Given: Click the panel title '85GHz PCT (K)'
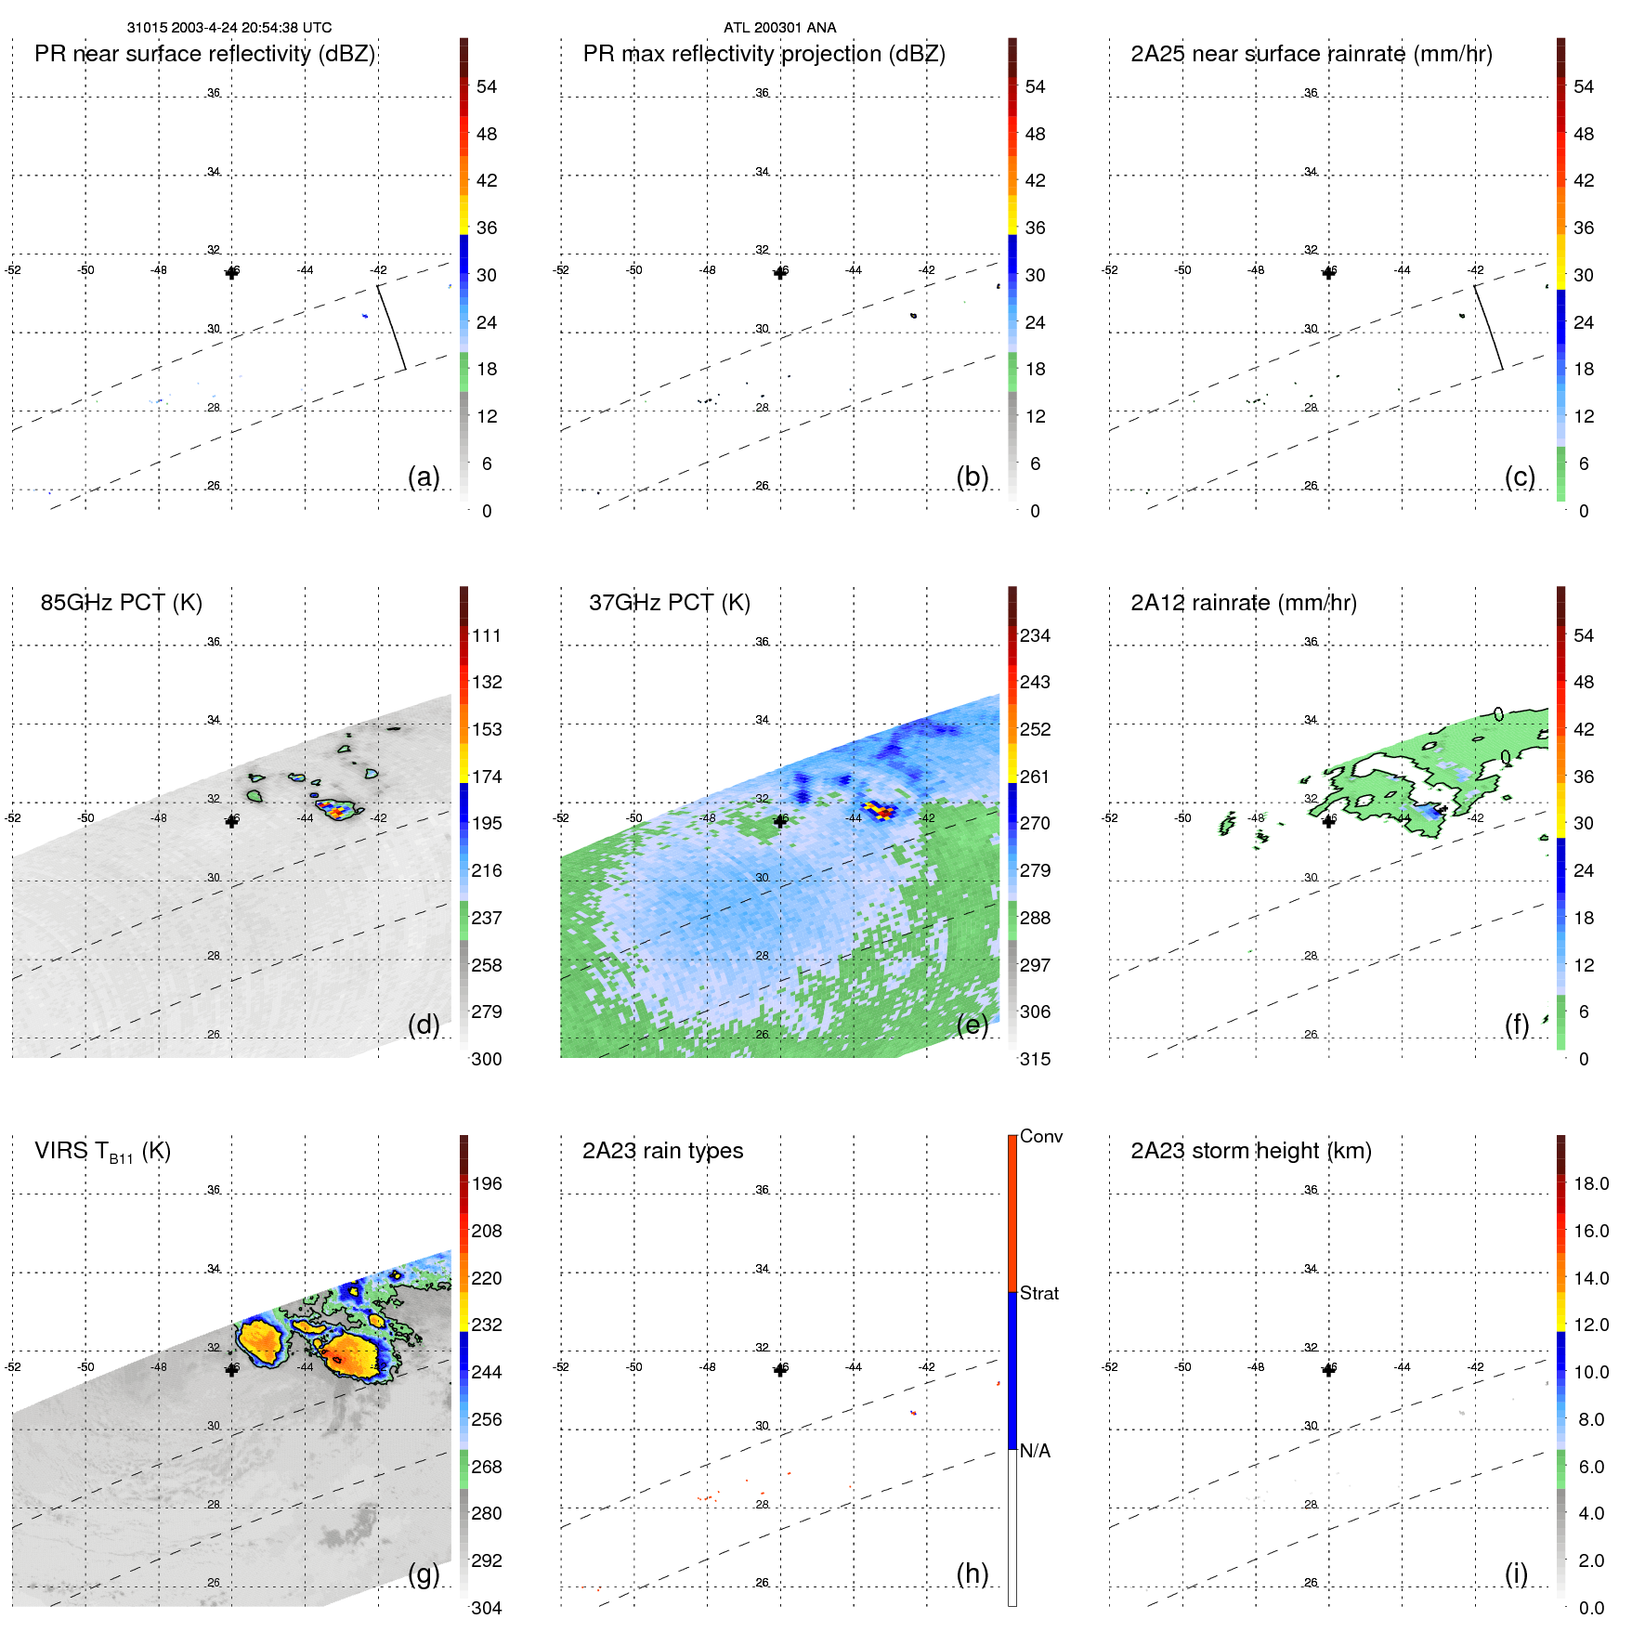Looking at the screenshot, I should click(x=121, y=603).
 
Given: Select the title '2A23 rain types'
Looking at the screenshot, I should click(x=662, y=1151).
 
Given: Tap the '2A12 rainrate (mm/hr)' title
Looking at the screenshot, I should click(x=1243, y=603).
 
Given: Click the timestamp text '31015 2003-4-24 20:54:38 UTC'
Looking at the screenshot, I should click(x=228, y=28).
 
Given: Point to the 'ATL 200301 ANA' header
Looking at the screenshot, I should click(x=779, y=28).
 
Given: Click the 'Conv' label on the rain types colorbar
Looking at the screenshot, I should click(x=1040, y=1136).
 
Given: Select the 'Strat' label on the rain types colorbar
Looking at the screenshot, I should click(x=1038, y=1293).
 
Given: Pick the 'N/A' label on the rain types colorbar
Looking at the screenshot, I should click(x=1035, y=1451).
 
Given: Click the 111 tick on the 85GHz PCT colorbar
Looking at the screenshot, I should click(x=486, y=636).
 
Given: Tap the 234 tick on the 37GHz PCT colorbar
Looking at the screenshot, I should click(x=1035, y=636).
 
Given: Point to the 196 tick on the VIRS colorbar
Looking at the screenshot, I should click(x=486, y=1184).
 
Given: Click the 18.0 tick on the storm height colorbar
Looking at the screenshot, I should click(x=1590, y=1184).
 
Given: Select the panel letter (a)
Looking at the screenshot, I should click(x=424, y=477).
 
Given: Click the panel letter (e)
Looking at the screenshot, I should click(x=972, y=1025).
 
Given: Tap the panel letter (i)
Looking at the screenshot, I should click(x=1516, y=1573).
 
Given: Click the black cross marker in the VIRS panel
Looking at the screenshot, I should click(x=231, y=1369).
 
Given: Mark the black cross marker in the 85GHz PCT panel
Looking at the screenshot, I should click(x=231, y=821).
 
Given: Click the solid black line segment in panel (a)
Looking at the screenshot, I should click(x=391, y=327).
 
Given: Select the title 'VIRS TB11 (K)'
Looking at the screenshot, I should click(x=102, y=1152).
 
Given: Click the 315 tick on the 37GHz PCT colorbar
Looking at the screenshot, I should click(x=1035, y=1060).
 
